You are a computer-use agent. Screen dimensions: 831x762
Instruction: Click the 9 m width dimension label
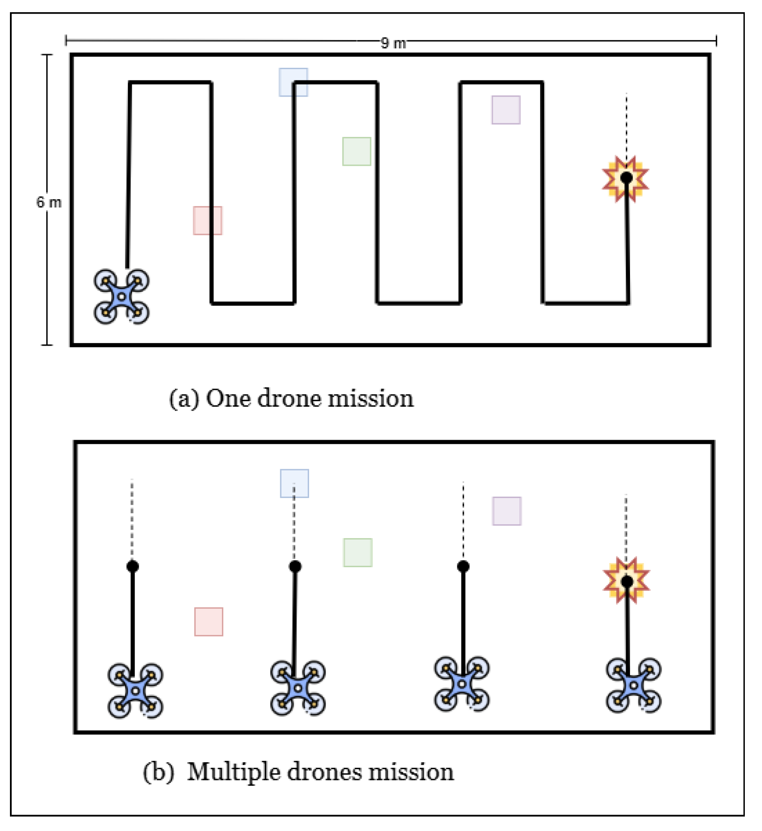393,43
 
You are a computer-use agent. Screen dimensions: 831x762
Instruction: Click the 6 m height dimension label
49,202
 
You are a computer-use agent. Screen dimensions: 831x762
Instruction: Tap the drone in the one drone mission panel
122,296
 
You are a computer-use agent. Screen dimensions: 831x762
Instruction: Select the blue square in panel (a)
293,82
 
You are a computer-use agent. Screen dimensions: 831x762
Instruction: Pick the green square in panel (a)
357,151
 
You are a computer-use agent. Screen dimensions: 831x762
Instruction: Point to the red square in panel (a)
207,221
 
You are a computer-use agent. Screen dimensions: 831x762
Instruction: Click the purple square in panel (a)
506,110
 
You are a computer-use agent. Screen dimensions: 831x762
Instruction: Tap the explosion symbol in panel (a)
626,178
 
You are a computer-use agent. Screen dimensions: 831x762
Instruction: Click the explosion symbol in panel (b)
626,581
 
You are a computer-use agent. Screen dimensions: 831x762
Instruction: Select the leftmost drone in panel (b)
135,690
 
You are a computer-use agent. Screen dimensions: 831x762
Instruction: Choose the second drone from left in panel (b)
298,688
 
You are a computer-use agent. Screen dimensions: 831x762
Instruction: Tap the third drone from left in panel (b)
461,684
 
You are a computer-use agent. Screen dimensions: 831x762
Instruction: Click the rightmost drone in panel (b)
633,685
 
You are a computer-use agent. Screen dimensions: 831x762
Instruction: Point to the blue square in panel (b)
294,484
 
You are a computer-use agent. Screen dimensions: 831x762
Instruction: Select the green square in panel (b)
357,552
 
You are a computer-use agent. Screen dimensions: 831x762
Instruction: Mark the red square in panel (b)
208,622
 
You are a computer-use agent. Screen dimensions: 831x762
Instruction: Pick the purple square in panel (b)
507,511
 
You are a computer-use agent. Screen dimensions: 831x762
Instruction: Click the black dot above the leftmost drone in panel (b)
132,566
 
